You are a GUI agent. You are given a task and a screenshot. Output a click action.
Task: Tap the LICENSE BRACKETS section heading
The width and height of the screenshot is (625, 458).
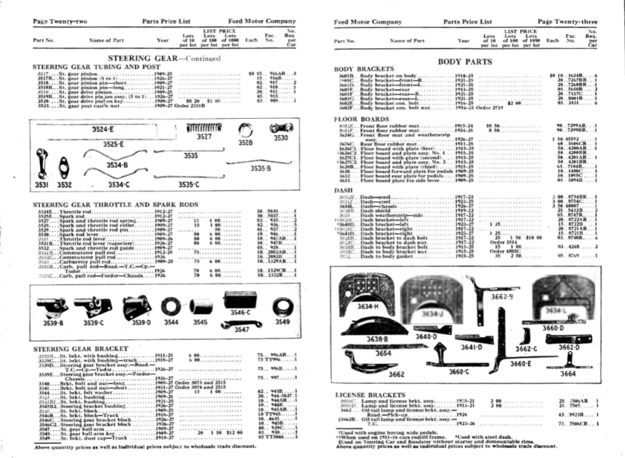tap(367, 394)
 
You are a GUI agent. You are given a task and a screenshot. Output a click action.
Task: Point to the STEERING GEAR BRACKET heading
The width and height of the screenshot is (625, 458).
tap(80, 348)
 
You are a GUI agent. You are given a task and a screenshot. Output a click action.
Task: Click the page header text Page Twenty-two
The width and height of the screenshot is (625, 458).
tap(59, 22)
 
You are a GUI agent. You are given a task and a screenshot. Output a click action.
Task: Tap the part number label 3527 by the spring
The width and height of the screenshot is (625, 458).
tap(204, 135)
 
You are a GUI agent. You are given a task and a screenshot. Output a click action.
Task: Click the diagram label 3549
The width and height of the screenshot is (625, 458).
tap(283, 322)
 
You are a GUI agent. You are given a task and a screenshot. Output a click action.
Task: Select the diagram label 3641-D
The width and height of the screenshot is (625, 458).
tap(470, 347)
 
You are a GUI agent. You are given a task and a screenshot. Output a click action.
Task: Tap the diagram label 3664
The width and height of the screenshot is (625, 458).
tap(568, 373)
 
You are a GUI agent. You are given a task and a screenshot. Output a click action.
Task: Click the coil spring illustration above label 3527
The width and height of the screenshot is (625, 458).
tap(205, 127)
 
